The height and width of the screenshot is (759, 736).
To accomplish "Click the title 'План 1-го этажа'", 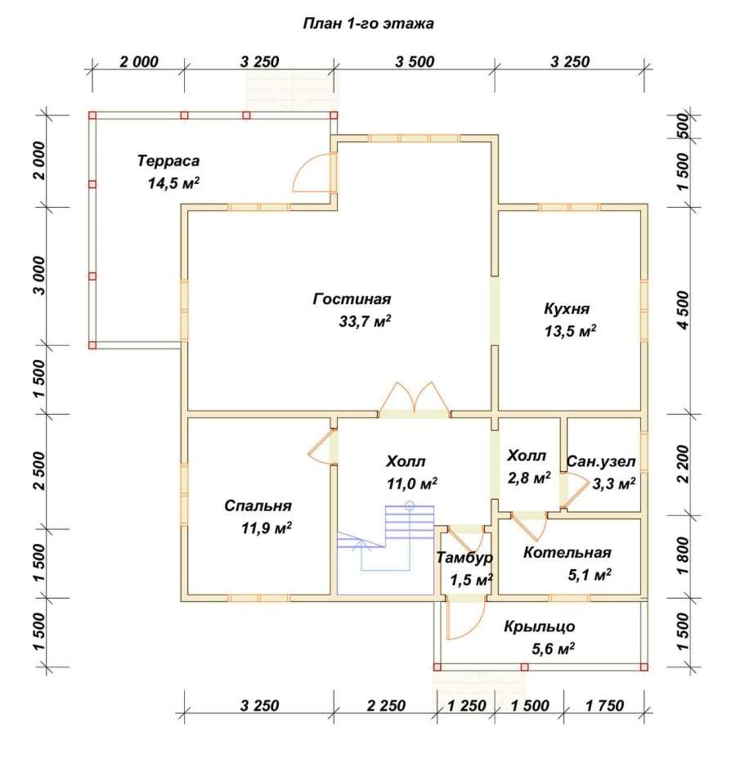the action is click(x=368, y=23).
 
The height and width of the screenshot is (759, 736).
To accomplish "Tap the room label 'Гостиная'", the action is click(x=352, y=299).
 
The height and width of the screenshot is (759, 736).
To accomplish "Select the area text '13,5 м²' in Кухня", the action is click(x=570, y=331).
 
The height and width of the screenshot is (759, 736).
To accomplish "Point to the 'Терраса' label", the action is click(x=168, y=160).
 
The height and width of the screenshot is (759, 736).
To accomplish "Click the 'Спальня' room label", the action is click(x=258, y=505).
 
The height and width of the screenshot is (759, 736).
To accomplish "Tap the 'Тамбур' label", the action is click(x=464, y=558).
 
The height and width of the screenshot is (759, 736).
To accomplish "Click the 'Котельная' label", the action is click(x=567, y=552).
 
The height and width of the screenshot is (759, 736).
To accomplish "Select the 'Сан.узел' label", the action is click(x=600, y=461).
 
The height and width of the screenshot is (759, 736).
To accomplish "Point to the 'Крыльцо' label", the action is click(x=540, y=627).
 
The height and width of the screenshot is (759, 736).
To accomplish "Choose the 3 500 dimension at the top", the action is click(x=415, y=62).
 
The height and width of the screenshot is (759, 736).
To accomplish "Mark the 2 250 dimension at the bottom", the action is click(x=386, y=706).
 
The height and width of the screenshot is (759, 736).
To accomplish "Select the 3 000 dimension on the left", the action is click(x=40, y=276).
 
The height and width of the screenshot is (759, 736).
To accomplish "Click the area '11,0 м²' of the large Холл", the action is click(x=412, y=483).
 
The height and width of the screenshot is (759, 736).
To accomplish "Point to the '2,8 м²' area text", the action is click(x=528, y=478).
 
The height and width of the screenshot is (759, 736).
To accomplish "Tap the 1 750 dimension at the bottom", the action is click(x=604, y=706).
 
